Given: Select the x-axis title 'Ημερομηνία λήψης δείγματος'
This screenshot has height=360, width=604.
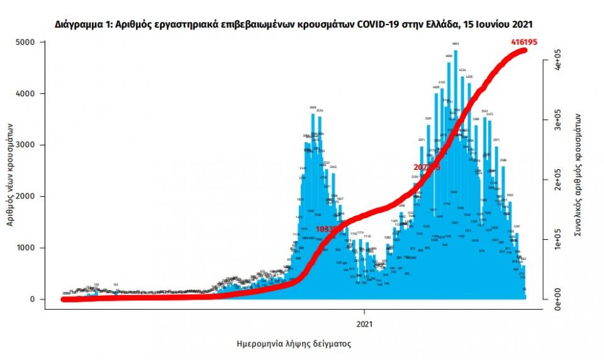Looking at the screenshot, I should click(293, 344).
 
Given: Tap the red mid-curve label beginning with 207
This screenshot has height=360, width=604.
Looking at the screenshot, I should click(427, 167).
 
